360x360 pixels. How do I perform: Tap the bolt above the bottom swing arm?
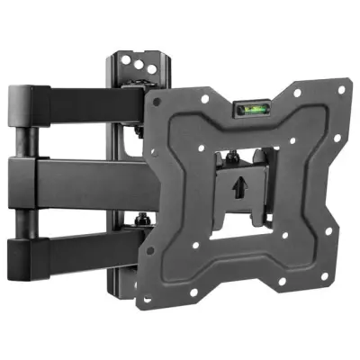pyautogui.click(x=141, y=218)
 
